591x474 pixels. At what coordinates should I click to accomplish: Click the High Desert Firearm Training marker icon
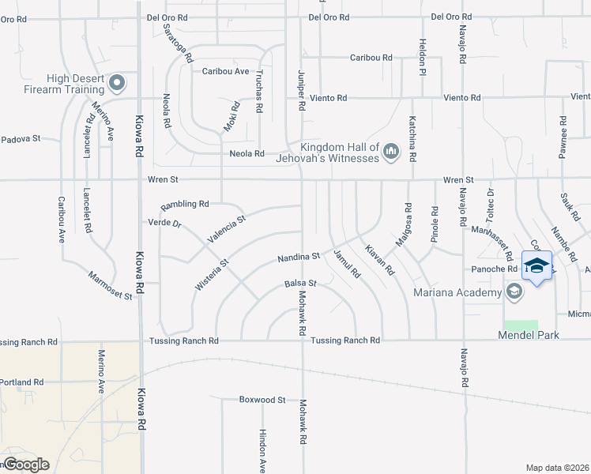pyautogui.click(x=118, y=82)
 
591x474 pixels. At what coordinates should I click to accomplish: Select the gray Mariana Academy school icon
pyautogui.click(x=514, y=293)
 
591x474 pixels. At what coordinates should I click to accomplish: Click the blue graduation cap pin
pyautogui.click(x=536, y=266)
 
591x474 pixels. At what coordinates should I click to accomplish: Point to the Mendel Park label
pyautogui.click(x=528, y=336)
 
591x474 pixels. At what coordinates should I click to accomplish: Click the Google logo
pyautogui.click(x=26, y=465)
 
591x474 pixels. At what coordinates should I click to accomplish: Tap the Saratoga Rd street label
pyautogui.click(x=178, y=43)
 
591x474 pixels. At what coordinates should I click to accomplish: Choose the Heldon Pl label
pyautogui.click(x=423, y=55)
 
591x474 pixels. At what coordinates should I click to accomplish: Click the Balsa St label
pyautogui.click(x=300, y=283)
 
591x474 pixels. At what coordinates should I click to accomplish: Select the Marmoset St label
pyautogui.click(x=110, y=280)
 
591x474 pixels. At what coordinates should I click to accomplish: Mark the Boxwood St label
pyautogui.click(x=262, y=400)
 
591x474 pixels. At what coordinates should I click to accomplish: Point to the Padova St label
pyautogui.click(x=20, y=139)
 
